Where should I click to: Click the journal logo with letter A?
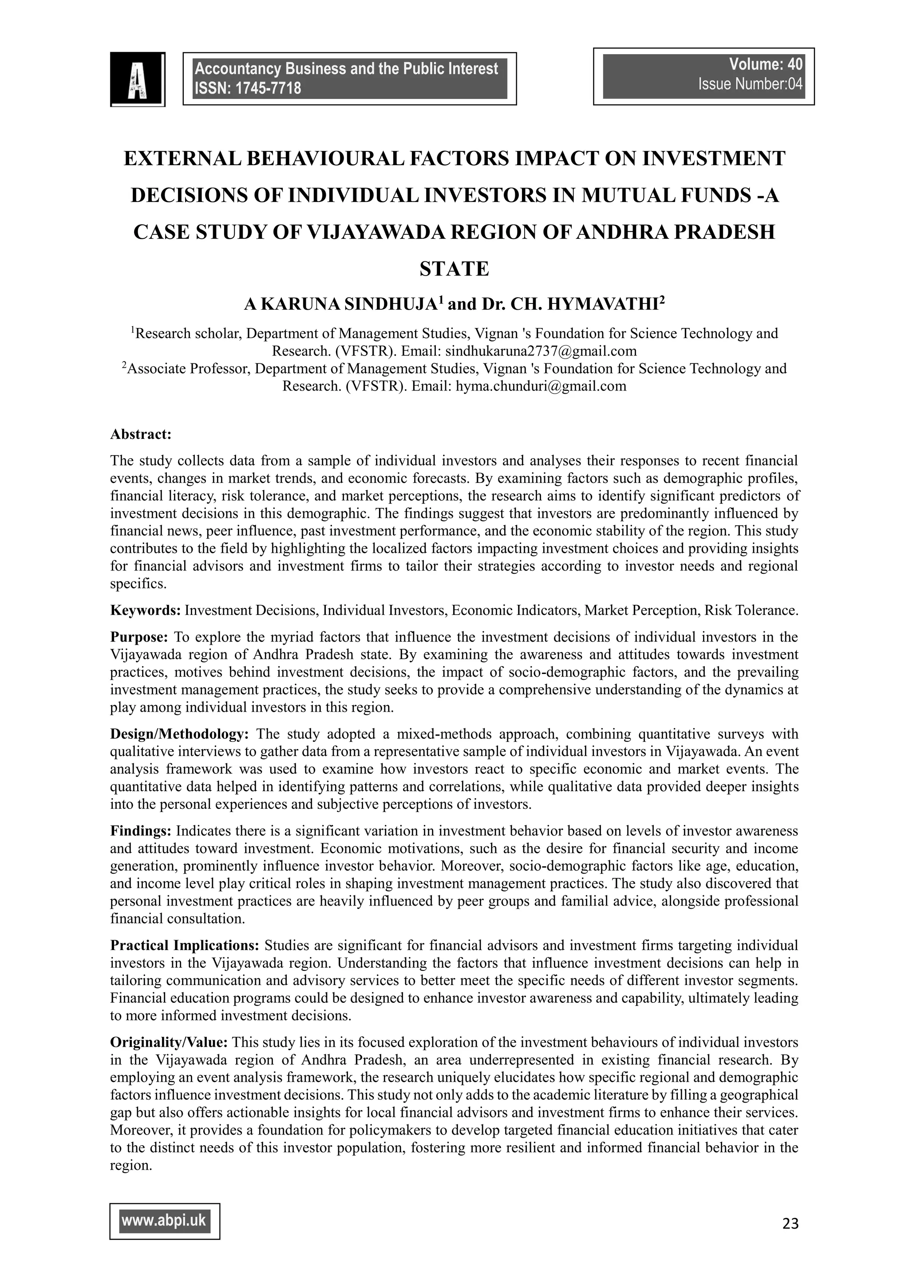click(137, 79)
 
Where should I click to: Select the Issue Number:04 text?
click(750, 84)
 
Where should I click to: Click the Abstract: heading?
click(141, 434)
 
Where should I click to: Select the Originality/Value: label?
click(169, 1042)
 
